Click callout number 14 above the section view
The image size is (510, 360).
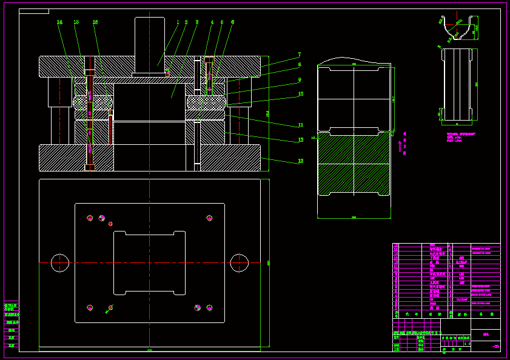(59, 22)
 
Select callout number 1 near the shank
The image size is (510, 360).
(178, 22)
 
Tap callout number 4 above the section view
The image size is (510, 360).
(212, 22)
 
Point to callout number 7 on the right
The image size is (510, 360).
(299, 55)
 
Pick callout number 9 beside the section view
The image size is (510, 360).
(300, 79)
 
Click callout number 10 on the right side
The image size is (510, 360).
(300, 94)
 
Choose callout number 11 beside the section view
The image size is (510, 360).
(300, 125)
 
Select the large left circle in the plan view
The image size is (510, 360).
(60, 263)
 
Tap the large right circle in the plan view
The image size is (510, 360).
(240, 263)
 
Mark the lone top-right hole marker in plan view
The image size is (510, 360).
(209, 218)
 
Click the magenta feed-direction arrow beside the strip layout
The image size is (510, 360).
(400, 146)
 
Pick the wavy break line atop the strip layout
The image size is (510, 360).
(354, 61)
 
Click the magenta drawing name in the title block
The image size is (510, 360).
(486, 334)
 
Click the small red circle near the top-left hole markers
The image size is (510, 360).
(110, 224)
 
